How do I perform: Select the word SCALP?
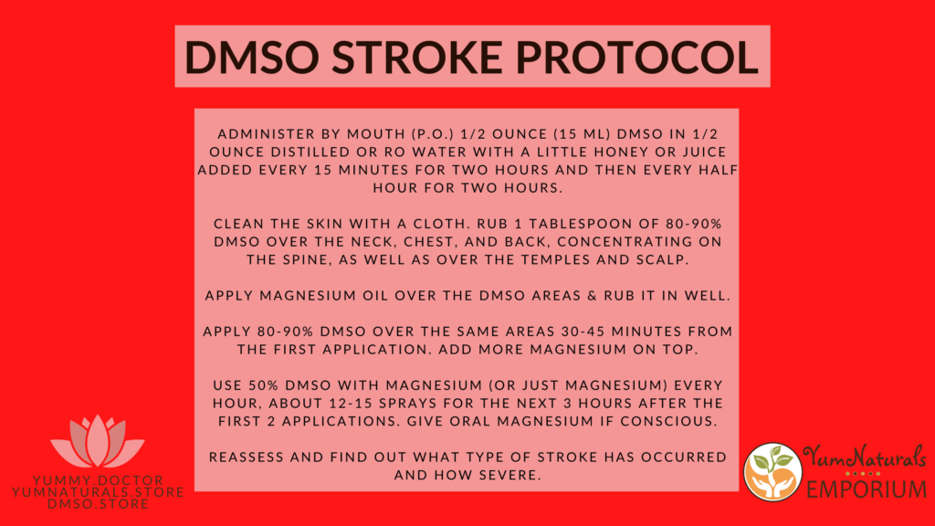[x=663, y=259]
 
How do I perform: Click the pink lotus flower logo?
[x=97, y=441]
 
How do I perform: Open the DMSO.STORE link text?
[x=98, y=504]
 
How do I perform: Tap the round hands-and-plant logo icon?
[x=772, y=472]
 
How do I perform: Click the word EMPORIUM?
[x=867, y=489]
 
